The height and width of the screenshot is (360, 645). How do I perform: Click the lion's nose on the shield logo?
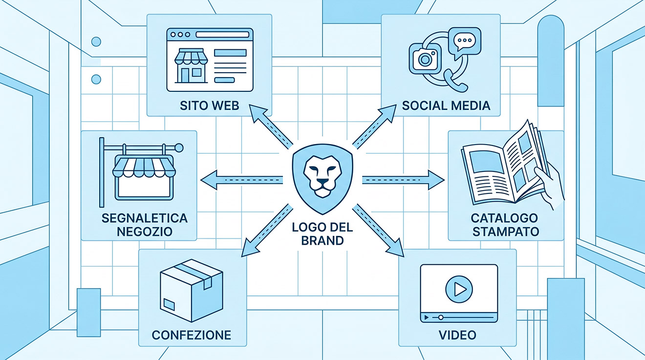[x=322, y=182]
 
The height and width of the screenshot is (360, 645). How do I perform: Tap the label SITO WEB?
[x=209, y=106]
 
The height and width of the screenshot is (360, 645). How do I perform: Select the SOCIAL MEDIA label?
[x=446, y=106]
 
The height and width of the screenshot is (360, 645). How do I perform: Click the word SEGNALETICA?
[x=145, y=218]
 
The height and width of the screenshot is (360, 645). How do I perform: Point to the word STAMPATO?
[x=506, y=232]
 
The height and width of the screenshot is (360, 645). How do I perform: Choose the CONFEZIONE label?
[x=192, y=335]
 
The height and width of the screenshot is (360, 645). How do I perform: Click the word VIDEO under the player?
[x=457, y=335]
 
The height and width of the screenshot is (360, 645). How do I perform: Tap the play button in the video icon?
[x=459, y=289]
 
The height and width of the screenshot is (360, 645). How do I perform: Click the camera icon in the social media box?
[x=425, y=59]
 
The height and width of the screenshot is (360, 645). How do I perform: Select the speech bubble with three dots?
[x=465, y=42]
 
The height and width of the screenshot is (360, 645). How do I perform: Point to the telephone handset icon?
[x=455, y=81]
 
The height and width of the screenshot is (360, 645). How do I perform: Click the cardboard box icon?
[x=191, y=290]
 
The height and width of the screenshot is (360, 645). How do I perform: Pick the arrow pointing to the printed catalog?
[x=403, y=180]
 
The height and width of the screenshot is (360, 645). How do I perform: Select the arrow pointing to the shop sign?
[x=241, y=180]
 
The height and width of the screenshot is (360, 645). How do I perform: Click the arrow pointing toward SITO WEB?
[x=271, y=127]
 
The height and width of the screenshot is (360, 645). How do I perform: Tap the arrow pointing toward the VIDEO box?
[x=378, y=230]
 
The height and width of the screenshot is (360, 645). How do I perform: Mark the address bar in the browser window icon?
[x=222, y=35]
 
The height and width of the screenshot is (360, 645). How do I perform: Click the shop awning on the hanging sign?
[x=144, y=167]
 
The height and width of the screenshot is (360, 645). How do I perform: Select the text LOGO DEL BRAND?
[x=322, y=234]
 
